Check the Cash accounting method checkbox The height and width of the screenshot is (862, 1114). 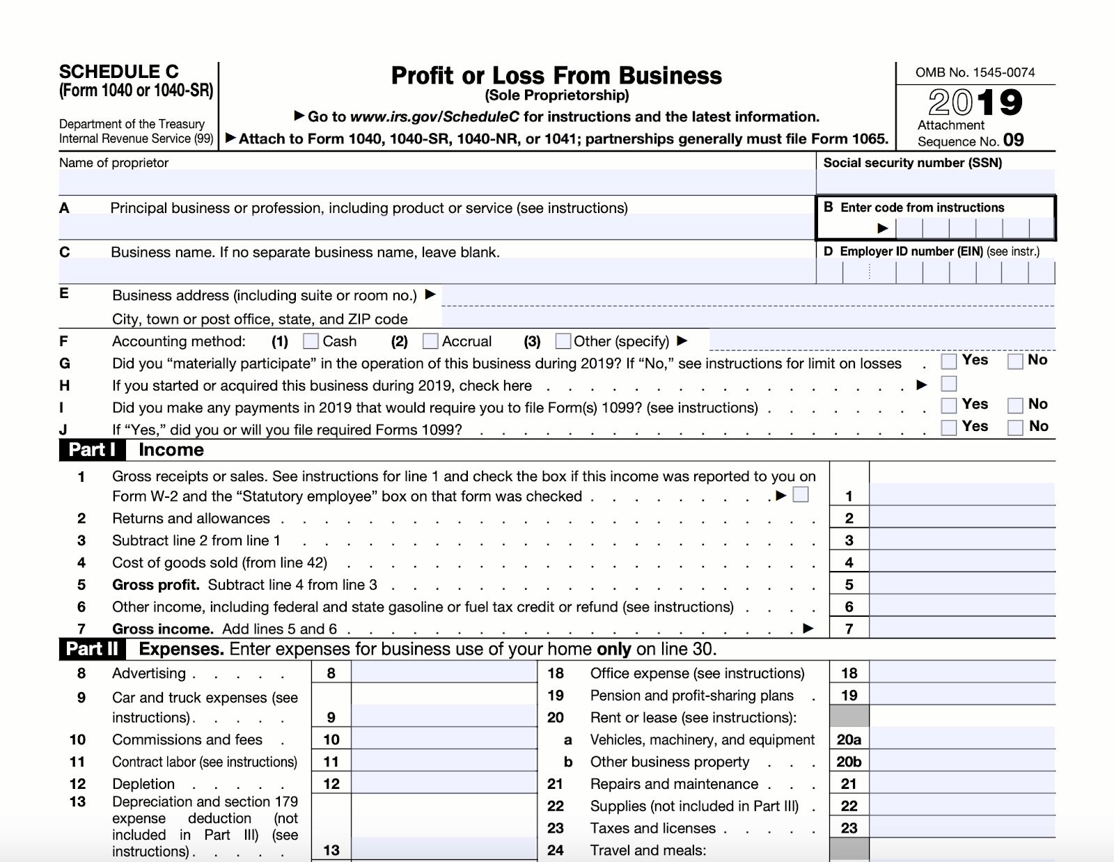[311, 341]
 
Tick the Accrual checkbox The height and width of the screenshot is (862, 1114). [430, 341]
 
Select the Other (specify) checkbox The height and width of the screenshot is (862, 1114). [563, 341]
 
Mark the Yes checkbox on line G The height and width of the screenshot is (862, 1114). [948, 361]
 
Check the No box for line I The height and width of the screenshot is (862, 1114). [1015, 405]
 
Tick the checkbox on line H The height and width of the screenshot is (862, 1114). [948, 384]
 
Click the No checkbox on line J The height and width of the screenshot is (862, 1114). [1015, 428]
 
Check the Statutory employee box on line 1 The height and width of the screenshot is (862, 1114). [801, 494]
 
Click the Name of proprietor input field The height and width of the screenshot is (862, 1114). [437, 182]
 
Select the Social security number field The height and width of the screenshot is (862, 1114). [935, 182]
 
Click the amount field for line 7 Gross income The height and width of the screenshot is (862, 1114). [962, 628]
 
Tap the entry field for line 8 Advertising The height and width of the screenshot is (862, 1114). [444, 673]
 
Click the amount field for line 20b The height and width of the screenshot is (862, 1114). [962, 761]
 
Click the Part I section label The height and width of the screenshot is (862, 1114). [92, 450]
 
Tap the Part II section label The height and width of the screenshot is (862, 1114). [92, 649]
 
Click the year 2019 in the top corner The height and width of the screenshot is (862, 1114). [975, 103]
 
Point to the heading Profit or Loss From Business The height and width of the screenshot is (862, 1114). [556, 75]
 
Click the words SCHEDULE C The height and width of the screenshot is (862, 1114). [118, 72]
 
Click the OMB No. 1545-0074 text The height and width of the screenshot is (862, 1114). [975, 72]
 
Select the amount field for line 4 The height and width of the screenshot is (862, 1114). [962, 562]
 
